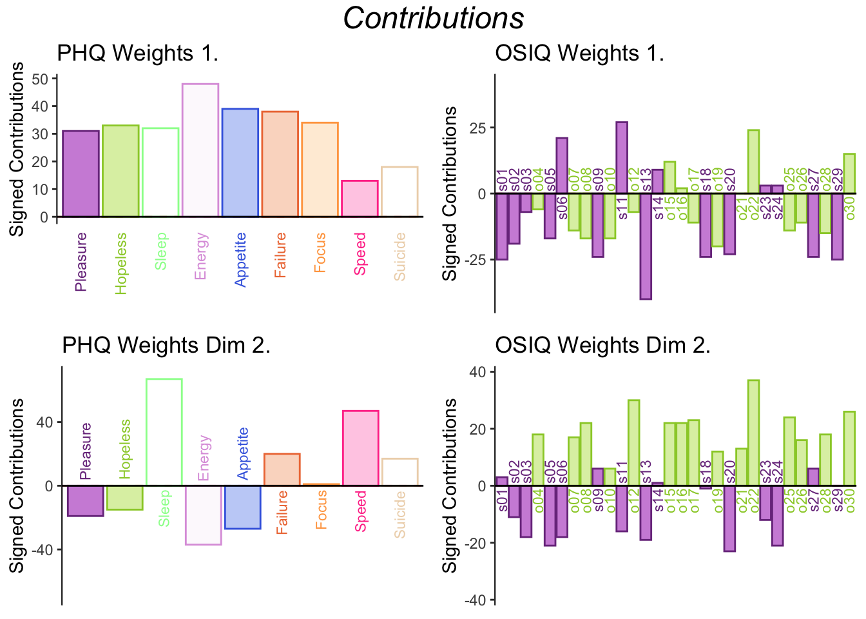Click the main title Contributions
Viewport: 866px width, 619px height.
[x=433, y=18]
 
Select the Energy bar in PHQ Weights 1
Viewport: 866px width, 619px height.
[x=200, y=150]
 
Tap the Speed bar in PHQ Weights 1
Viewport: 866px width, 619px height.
[x=360, y=199]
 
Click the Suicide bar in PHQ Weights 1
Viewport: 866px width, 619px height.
[x=399, y=192]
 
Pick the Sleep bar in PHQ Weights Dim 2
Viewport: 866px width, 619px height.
[x=164, y=432]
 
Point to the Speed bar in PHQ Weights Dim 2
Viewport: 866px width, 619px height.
[x=360, y=448]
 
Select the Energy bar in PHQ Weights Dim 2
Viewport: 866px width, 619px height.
[x=204, y=515]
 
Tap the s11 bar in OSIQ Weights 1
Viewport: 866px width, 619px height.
[x=622, y=157]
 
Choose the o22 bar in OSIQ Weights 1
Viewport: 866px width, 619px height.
[x=753, y=161]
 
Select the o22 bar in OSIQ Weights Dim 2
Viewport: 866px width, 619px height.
[x=753, y=433]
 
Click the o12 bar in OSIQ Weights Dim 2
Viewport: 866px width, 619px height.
[x=633, y=443]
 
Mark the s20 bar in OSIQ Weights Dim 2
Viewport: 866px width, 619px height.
[x=729, y=518]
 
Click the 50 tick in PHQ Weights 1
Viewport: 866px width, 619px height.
[x=41, y=79]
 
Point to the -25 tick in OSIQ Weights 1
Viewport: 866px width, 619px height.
[x=477, y=260]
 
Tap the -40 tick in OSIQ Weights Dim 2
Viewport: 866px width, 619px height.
[x=477, y=600]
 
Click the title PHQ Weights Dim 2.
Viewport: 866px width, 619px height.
[x=166, y=346]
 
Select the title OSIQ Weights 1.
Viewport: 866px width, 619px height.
[x=579, y=53]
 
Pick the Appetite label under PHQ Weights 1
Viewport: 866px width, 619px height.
[x=241, y=259]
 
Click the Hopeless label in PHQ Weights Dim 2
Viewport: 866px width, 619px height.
[x=125, y=449]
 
